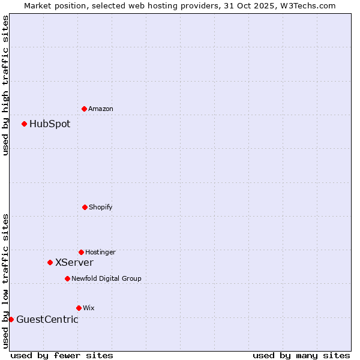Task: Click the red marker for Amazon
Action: click(x=84, y=109)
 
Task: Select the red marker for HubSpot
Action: click(x=24, y=124)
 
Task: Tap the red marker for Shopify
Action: click(x=85, y=207)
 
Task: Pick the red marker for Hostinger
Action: click(x=81, y=252)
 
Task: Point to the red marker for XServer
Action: click(x=50, y=262)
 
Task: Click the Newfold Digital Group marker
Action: click(x=67, y=278)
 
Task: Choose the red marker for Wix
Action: click(x=79, y=308)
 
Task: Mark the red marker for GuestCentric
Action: click(x=11, y=319)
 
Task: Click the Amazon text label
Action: click(x=101, y=109)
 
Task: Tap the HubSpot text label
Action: click(x=50, y=124)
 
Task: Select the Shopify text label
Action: click(x=101, y=207)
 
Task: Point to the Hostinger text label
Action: click(x=100, y=252)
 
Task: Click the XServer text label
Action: click(x=74, y=262)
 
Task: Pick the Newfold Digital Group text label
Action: click(x=106, y=278)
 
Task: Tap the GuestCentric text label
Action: click(x=47, y=319)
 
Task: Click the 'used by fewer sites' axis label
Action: click(x=62, y=355)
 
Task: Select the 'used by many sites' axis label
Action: click(x=301, y=355)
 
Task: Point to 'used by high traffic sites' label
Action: click(x=5, y=85)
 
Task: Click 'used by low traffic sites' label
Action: click(x=5, y=281)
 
